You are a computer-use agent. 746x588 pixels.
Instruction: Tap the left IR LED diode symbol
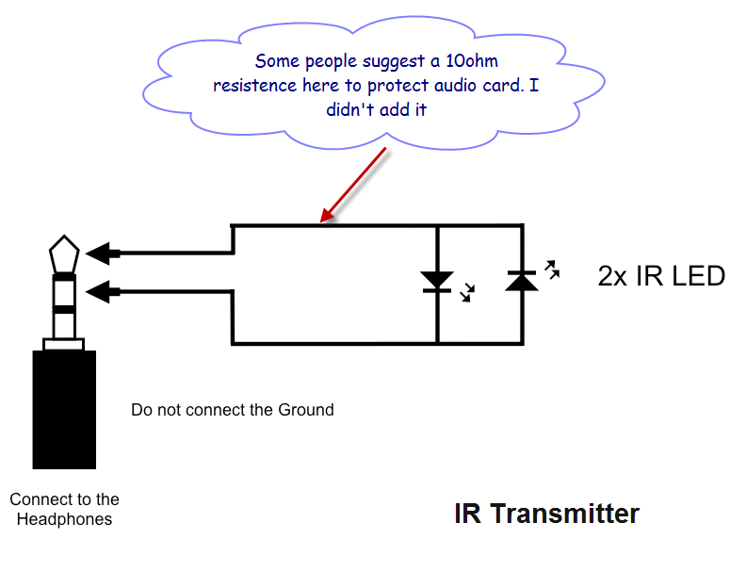[436, 281]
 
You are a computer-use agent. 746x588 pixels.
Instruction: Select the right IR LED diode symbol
[521, 280]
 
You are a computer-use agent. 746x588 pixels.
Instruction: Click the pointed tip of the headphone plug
[64, 252]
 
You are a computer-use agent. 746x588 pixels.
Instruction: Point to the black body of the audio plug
[64, 409]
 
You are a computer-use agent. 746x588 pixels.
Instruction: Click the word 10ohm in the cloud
[477, 61]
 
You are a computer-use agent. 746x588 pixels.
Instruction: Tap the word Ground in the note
[305, 410]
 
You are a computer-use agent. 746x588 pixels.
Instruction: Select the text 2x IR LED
[661, 276]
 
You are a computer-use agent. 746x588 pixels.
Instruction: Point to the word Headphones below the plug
[64, 519]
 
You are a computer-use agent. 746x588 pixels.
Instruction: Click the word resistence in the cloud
[255, 86]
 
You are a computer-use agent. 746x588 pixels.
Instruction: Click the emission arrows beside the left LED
[465, 296]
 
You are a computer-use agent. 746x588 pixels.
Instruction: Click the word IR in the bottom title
[467, 514]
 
